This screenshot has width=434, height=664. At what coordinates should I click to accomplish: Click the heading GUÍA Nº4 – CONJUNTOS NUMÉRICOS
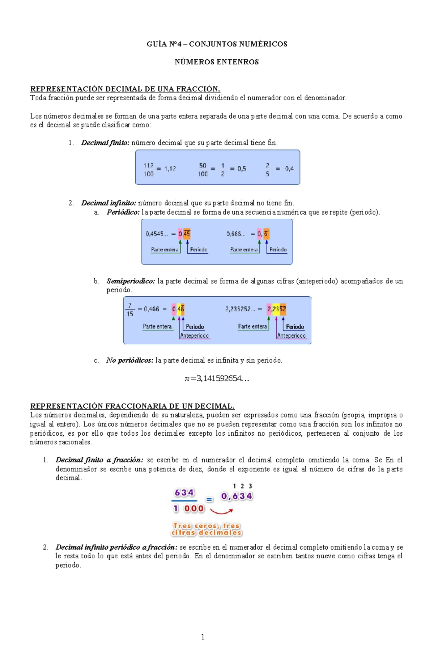coord(217,44)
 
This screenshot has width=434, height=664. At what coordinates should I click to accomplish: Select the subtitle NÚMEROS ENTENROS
coord(217,62)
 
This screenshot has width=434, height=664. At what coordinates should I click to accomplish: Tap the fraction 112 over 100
coord(148,169)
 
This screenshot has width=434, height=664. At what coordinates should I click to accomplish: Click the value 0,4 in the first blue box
coord(289,169)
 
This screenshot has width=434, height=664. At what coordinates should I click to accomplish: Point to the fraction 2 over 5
coord(268,169)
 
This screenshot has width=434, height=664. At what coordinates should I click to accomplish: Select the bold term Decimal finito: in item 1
coord(105,143)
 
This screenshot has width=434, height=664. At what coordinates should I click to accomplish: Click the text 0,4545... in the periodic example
coord(157,234)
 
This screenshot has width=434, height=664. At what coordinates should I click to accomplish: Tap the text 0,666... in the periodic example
coord(236,234)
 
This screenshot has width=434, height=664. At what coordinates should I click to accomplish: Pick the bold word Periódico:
coord(123,212)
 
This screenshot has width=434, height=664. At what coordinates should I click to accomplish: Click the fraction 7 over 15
coord(130,310)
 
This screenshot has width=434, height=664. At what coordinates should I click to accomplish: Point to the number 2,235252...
coord(240,309)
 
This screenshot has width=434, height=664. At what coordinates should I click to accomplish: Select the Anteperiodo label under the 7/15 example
coord(195,336)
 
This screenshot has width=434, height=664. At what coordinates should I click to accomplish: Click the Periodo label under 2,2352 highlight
coord(295,327)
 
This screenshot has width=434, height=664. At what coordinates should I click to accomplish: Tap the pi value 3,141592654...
coord(217,378)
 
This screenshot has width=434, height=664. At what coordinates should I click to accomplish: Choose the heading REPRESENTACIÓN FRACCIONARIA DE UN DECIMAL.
coord(132,406)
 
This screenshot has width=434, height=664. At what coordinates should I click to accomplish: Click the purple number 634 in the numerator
coord(184,492)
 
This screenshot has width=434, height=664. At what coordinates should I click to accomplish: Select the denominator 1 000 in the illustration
coord(188,508)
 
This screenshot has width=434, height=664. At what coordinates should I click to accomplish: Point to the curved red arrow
coord(221,511)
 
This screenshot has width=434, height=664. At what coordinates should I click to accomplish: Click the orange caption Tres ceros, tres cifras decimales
coord(206,529)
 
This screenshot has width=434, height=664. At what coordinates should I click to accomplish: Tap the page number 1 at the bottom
coord(203,636)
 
